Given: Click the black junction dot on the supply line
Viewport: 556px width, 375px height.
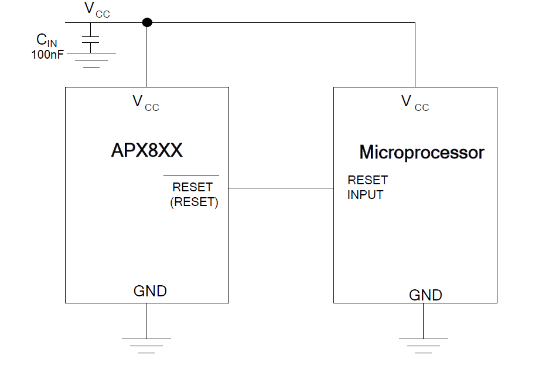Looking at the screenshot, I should pos(147,22).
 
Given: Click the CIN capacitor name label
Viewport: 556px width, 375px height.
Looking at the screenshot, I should pos(47,40).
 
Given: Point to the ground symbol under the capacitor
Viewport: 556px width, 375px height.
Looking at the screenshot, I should pos(91,59).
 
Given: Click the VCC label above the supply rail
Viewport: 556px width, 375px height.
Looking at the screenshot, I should pos(97,9).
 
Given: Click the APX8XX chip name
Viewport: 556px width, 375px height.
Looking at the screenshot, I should pos(146,151).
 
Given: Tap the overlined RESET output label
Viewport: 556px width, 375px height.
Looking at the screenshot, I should pos(192,187).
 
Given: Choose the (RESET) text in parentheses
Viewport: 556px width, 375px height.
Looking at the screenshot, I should pos(194,202).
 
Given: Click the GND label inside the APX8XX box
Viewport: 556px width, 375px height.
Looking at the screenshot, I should pos(150,290).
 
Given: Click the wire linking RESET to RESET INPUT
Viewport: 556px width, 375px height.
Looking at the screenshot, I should pos(281,188).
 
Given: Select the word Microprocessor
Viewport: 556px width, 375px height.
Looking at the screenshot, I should pos(421,153).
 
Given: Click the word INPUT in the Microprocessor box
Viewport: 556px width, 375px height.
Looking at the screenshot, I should pos(365,195).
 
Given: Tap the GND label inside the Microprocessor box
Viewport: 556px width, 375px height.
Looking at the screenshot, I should pos(425,295).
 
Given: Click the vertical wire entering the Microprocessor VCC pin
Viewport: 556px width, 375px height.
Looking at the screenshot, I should pos(415,56).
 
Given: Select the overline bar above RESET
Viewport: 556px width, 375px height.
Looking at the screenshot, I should pos(191,175).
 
